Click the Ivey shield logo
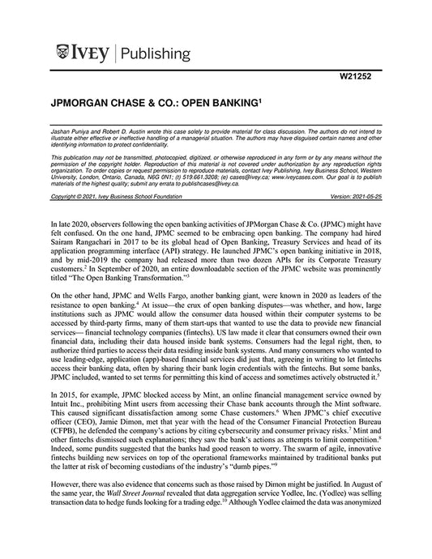(65, 54)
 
